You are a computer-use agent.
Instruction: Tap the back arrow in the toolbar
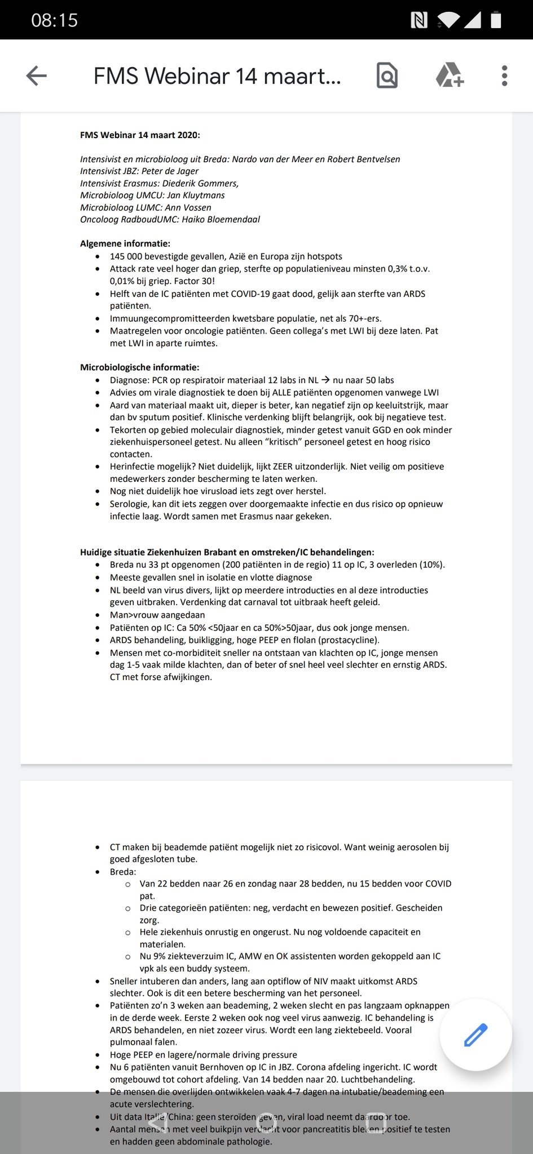point(37,76)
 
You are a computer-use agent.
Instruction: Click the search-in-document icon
point(387,76)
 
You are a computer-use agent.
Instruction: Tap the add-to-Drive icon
point(450,76)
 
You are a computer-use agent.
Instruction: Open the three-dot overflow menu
point(504,76)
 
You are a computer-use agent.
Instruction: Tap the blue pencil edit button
point(475,1035)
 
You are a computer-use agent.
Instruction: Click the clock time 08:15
point(54,20)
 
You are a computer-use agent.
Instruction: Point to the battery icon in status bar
point(496,20)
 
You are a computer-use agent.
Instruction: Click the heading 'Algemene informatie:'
point(125,244)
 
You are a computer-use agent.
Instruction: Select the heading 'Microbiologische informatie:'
point(139,367)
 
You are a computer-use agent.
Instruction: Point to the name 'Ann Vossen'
point(188,207)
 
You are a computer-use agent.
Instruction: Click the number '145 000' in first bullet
point(127,256)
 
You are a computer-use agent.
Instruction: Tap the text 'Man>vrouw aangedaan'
point(157,615)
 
